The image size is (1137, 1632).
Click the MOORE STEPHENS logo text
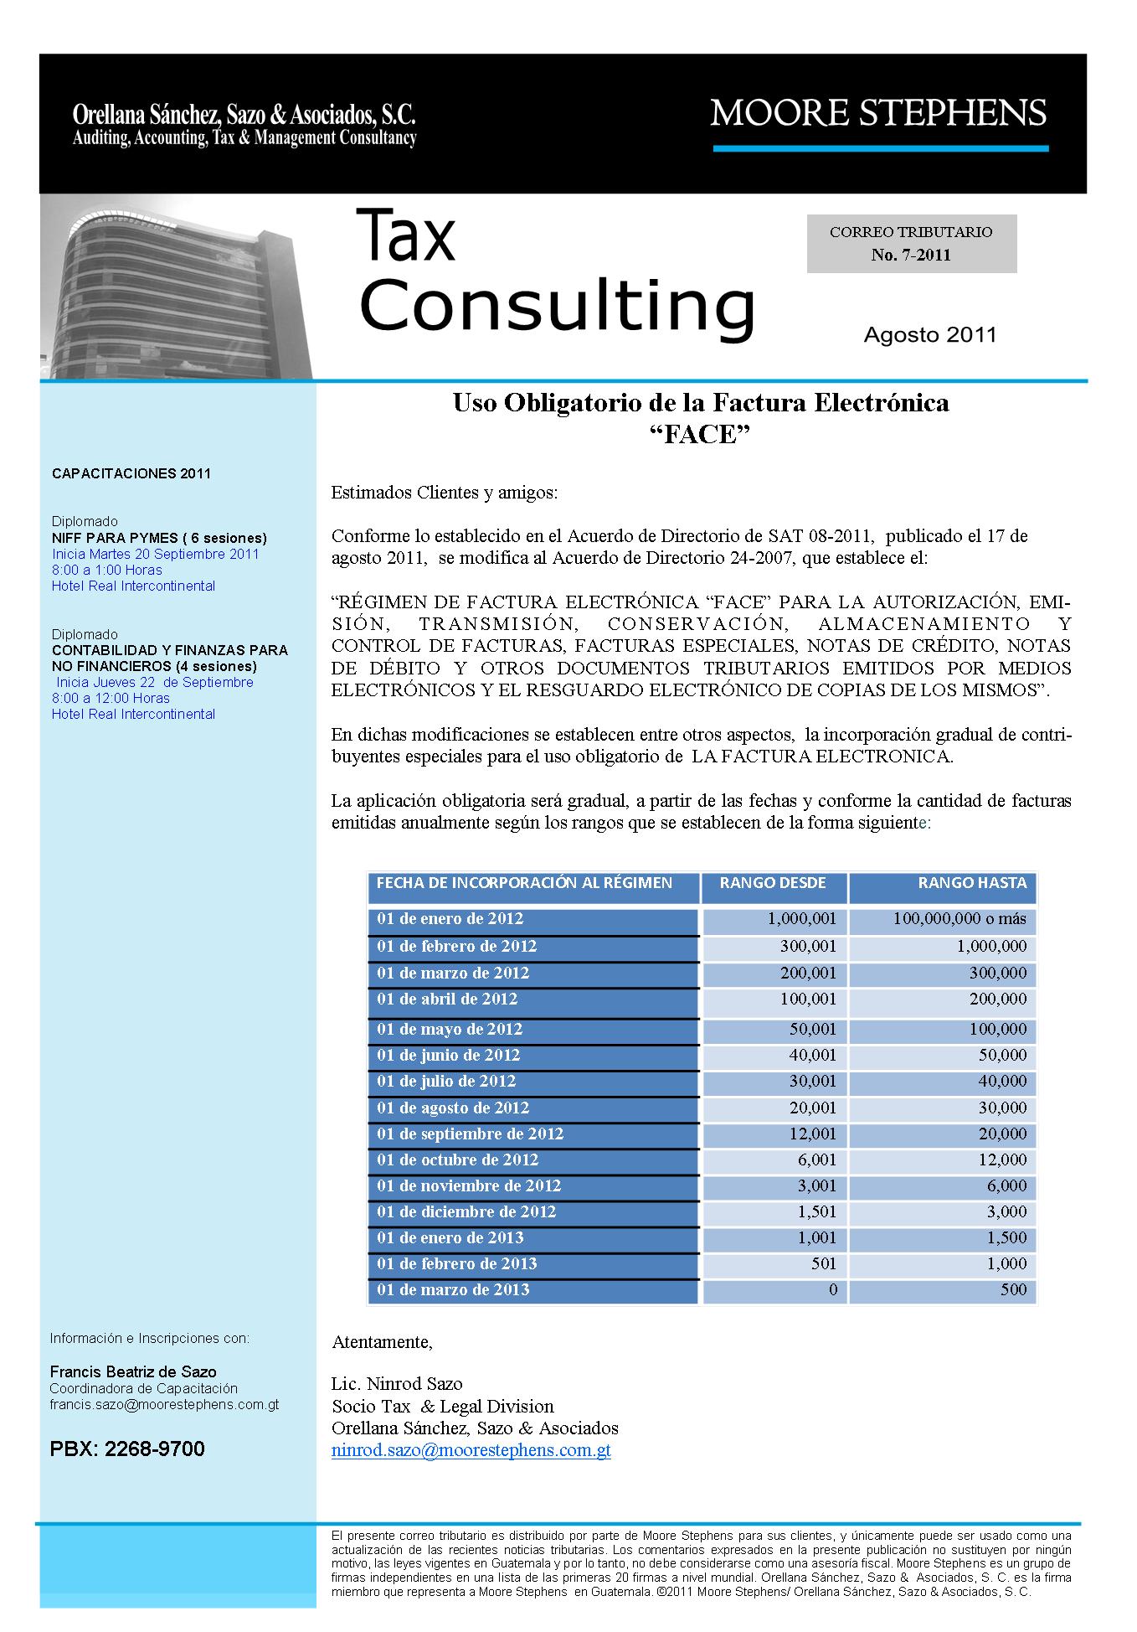pos(878,112)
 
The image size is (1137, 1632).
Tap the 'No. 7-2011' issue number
pos(911,256)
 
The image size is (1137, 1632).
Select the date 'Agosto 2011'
pos(930,335)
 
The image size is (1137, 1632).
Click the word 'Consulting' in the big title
pos(557,306)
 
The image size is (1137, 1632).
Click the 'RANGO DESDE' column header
pos(773,883)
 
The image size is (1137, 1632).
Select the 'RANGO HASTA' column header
pos(971,883)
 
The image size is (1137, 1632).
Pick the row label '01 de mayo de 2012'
pos(450,1030)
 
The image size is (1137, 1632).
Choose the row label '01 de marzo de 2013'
pos(453,1290)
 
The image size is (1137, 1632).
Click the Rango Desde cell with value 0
pos(832,1290)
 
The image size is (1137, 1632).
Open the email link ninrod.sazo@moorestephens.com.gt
pos(471,1450)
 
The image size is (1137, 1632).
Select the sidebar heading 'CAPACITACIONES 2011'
pos(131,474)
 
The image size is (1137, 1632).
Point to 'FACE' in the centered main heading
pos(700,436)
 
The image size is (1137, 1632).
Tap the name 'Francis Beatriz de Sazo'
pos(133,1372)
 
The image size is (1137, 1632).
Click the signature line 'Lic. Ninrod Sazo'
pos(397,1383)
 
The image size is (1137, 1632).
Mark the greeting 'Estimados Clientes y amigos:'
pos(444,493)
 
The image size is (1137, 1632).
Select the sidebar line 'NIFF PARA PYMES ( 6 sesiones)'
pos(159,539)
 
